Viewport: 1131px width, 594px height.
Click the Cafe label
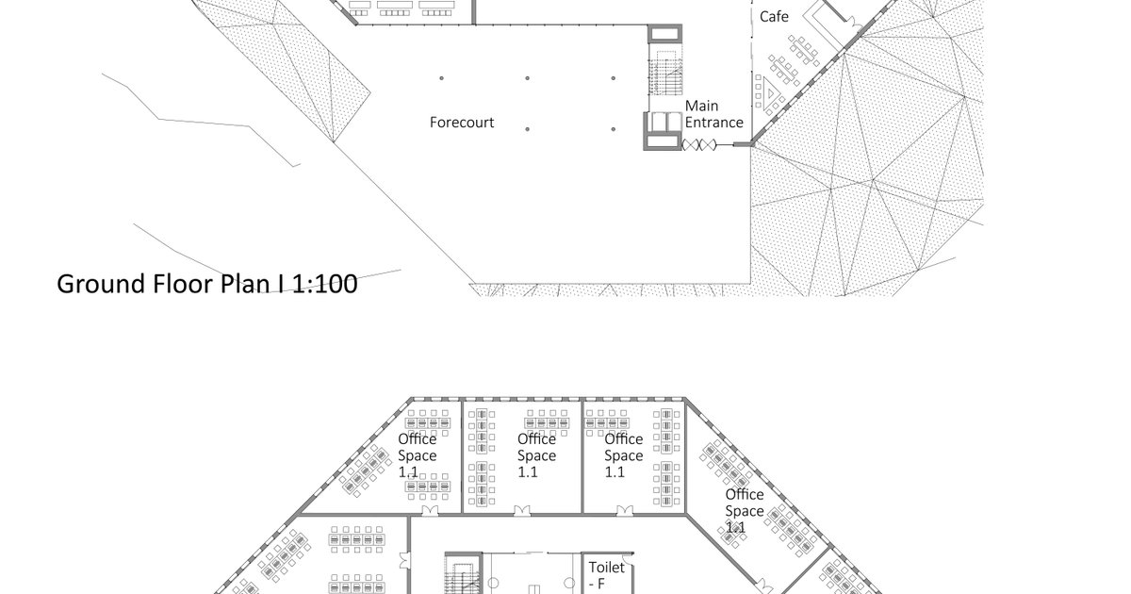[x=774, y=17]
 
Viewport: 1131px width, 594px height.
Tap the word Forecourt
[x=462, y=123]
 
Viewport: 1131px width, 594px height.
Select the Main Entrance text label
[x=713, y=114]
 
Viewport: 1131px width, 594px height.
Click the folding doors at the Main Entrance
[x=698, y=145]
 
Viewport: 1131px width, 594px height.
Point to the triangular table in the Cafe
[x=770, y=94]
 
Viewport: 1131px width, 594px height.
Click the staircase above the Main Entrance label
[x=665, y=75]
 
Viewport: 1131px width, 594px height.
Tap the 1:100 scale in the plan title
[x=324, y=284]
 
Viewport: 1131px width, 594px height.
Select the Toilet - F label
[x=606, y=575]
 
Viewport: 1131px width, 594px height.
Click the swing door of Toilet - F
[x=628, y=558]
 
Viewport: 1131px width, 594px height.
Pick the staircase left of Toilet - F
[x=463, y=576]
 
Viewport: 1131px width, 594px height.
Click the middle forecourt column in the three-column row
[x=527, y=78]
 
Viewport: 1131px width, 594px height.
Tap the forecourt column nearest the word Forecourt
[x=527, y=129]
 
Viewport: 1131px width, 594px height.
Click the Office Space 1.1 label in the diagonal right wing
[x=745, y=511]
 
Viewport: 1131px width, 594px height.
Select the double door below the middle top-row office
[x=522, y=511]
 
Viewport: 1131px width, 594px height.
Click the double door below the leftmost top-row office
[x=430, y=511]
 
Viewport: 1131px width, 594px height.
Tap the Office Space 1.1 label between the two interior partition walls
[x=536, y=455]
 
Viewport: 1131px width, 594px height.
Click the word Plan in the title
[x=245, y=284]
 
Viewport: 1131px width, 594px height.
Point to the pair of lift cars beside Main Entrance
[x=666, y=122]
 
